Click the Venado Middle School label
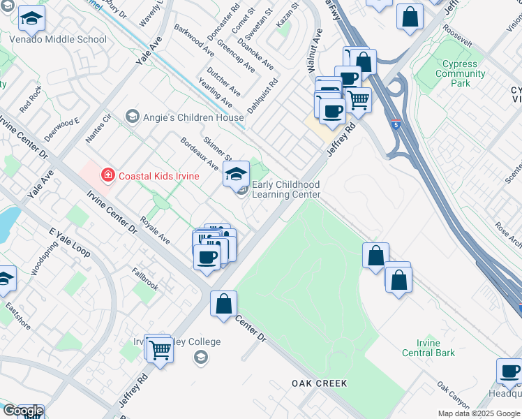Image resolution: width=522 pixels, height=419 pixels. click(x=58, y=40)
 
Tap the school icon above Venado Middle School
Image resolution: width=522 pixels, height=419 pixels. click(x=31, y=20)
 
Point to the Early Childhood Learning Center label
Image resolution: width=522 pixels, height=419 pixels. click(x=285, y=189)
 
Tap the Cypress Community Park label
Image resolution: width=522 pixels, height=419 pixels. click(x=460, y=73)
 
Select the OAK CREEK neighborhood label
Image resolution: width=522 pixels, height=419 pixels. click(x=320, y=383)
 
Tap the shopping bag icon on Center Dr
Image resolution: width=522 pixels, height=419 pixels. click(x=223, y=304)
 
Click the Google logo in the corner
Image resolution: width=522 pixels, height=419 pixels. click(x=22, y=411)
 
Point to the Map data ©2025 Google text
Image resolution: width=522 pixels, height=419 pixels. click(x=479, y=413)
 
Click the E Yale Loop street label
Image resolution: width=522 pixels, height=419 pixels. click(x=70, y=242)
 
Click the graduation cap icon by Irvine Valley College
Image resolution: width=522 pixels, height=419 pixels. click(x=201, y=358)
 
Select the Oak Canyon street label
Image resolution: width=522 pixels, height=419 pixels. click(x=453, y=395)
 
